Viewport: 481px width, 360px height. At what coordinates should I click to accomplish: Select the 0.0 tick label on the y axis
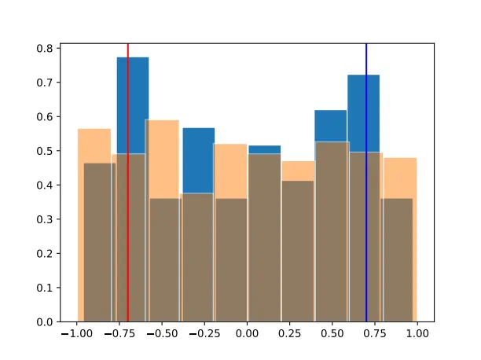(46, 321)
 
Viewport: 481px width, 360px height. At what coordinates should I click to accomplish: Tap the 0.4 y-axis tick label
(46, 185)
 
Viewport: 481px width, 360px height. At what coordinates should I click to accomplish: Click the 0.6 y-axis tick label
(46, 116)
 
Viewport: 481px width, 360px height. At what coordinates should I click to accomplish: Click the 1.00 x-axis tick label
(417, 334)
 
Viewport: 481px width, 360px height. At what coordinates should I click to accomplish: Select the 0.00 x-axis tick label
(247, 334)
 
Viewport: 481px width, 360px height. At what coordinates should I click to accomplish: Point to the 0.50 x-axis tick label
(332, 334)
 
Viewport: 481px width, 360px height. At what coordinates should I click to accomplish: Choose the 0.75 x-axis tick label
(375, 334)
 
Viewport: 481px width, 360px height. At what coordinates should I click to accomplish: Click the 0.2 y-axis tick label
(46, 253)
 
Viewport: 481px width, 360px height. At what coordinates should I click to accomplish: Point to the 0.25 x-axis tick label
(290, 334)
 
